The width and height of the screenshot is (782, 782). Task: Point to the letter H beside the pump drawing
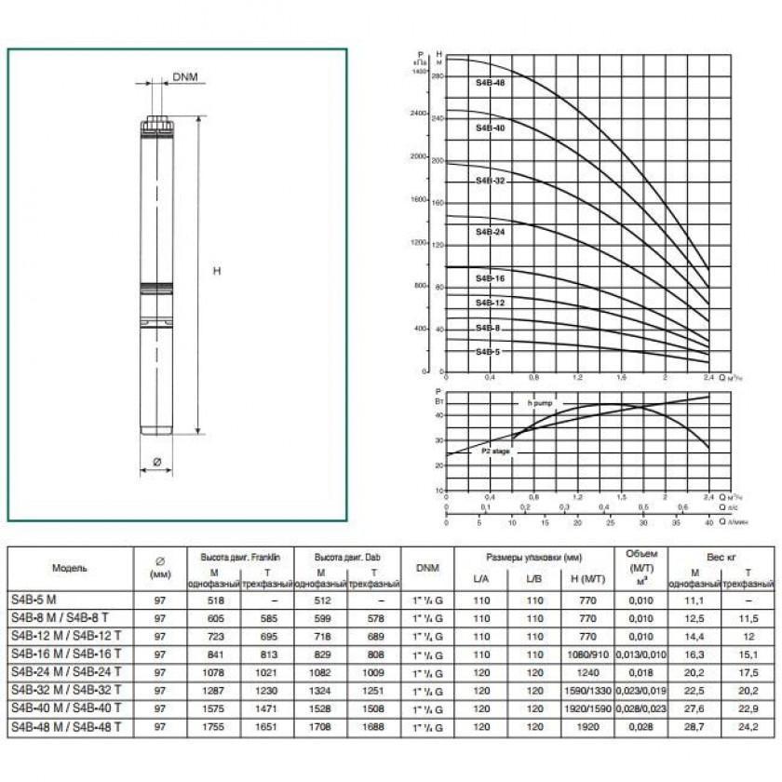click(217, 271)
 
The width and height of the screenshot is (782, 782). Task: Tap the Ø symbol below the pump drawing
click(156, 461)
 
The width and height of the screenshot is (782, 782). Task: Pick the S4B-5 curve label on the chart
click(488, 352)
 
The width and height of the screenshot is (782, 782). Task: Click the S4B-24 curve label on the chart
click(490, 231)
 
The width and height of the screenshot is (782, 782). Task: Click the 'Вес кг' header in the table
click(721, 556)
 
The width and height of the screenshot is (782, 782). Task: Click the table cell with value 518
click(215, 601)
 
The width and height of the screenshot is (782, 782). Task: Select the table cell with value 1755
click(215, 725)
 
